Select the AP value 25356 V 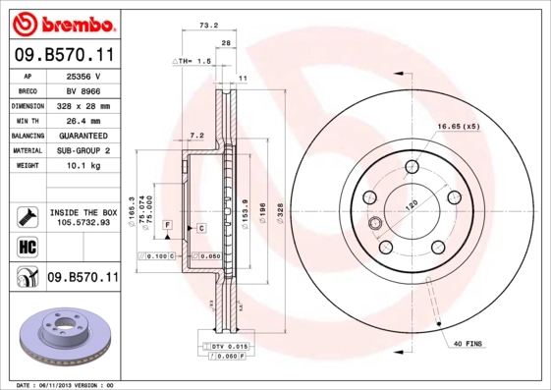[x=83, y=75]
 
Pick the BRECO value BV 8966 [x=83, y=89]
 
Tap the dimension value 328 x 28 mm [x=83, y=105]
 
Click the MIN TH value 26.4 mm [x=83, y=120]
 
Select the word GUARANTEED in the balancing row [x=83, y=136]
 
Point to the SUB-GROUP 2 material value [x=83, y=150]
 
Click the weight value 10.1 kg [x=83, y=166]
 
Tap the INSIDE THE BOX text [x=83, y=212]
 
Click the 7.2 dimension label [x=195, y=135]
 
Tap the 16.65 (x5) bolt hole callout [x=459, y=126]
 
